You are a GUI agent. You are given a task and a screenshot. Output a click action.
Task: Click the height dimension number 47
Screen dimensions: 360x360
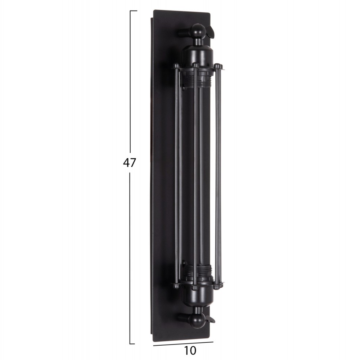[x=130, y=163]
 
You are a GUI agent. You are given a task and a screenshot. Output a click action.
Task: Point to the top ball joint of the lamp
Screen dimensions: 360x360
[x=198, y=31]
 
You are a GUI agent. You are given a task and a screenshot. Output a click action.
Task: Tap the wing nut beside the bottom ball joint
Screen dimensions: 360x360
[x=210, y=318]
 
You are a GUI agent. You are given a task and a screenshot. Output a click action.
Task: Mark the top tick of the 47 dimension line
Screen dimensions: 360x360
[x=133, y=11]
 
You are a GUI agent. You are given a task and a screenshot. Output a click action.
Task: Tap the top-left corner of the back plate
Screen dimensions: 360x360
[x=154, y=11]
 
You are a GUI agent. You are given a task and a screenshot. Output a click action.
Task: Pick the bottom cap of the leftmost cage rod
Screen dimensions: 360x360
[x=176, y=286]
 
